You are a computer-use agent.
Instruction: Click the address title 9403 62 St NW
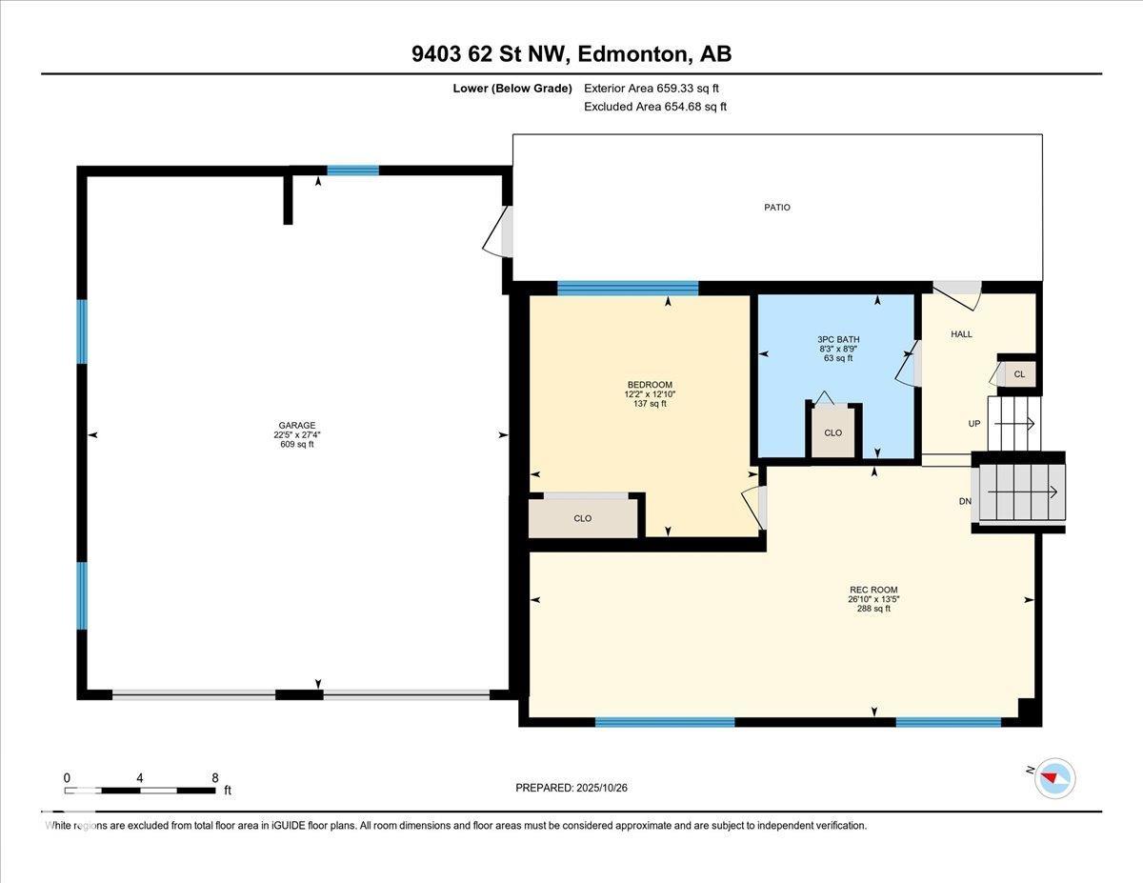tap(571, 54)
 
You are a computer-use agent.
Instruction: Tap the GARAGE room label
tap(297, 426)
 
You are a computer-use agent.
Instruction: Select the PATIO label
tap(776, 208)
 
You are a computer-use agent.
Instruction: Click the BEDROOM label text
tap(649, 385)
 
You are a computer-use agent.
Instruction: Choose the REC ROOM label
tap(872, 590)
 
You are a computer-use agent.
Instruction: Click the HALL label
tap(961, 334)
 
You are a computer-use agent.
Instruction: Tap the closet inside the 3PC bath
tap(833, 431)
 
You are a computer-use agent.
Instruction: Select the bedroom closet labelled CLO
tap(583, 518)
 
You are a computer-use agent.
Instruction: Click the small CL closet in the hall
tap(1018, 374)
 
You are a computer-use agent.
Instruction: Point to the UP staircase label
tap(974, 423)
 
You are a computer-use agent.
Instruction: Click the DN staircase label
tap(965, 501)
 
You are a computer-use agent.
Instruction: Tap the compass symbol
tap(1054, 777)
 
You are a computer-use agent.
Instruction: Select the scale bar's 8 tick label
tap(216, 777)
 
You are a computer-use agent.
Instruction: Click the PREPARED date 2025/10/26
tap(571, 788)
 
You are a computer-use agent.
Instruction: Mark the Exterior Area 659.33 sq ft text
tap(651, 89)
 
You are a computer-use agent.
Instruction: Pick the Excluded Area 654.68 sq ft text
tap(654, 107)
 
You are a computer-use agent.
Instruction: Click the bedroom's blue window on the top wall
tap(628, 288)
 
